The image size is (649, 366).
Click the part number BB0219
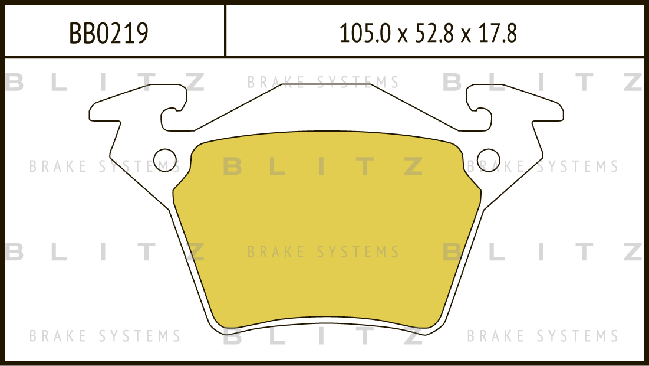point(108,34)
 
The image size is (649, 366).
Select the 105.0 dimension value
point(365,33)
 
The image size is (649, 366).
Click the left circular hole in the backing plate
point(165,161)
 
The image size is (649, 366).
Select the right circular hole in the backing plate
point(489,161)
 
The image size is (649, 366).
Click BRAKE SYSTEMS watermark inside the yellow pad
point(323,252)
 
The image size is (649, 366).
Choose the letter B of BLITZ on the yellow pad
point(233,166)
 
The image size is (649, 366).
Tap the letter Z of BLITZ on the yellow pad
point(413,166)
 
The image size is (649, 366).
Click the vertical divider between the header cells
point(225,30)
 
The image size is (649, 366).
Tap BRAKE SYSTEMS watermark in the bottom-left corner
point(105,336)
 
